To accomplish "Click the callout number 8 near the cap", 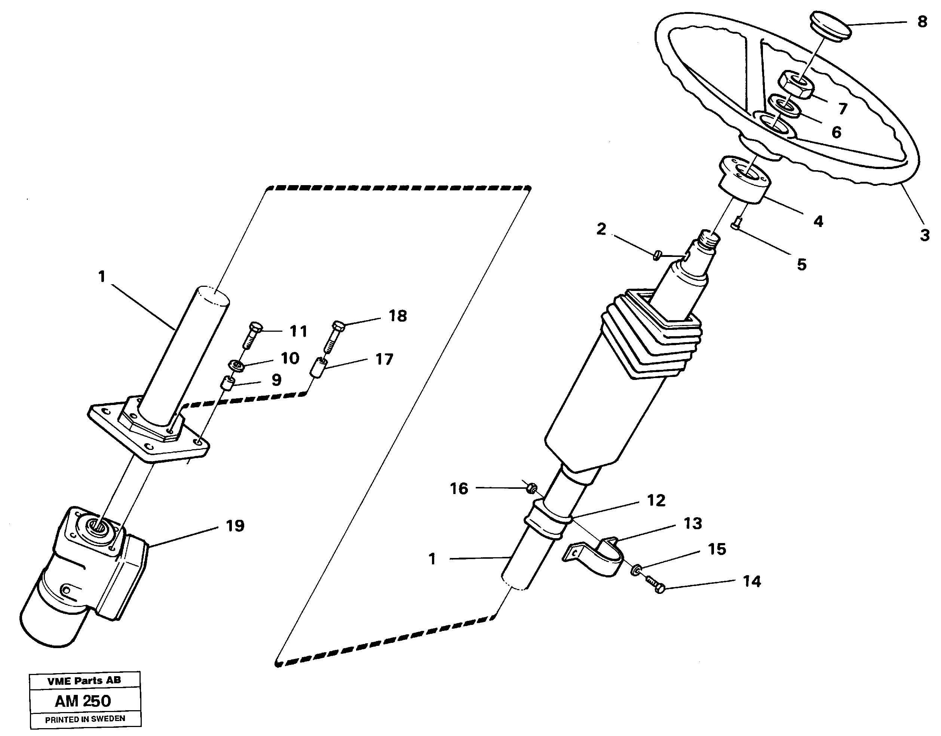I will (x=922, y=22).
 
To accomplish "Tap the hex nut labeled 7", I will (x=796, y=85).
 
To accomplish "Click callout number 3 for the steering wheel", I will (x=925, y=235).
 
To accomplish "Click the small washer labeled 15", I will (x=635, y=571).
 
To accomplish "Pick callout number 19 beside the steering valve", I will (x=235, y=526).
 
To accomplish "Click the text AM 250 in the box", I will (x=83, y=701).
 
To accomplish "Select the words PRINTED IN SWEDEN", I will (x=85, y=719).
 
